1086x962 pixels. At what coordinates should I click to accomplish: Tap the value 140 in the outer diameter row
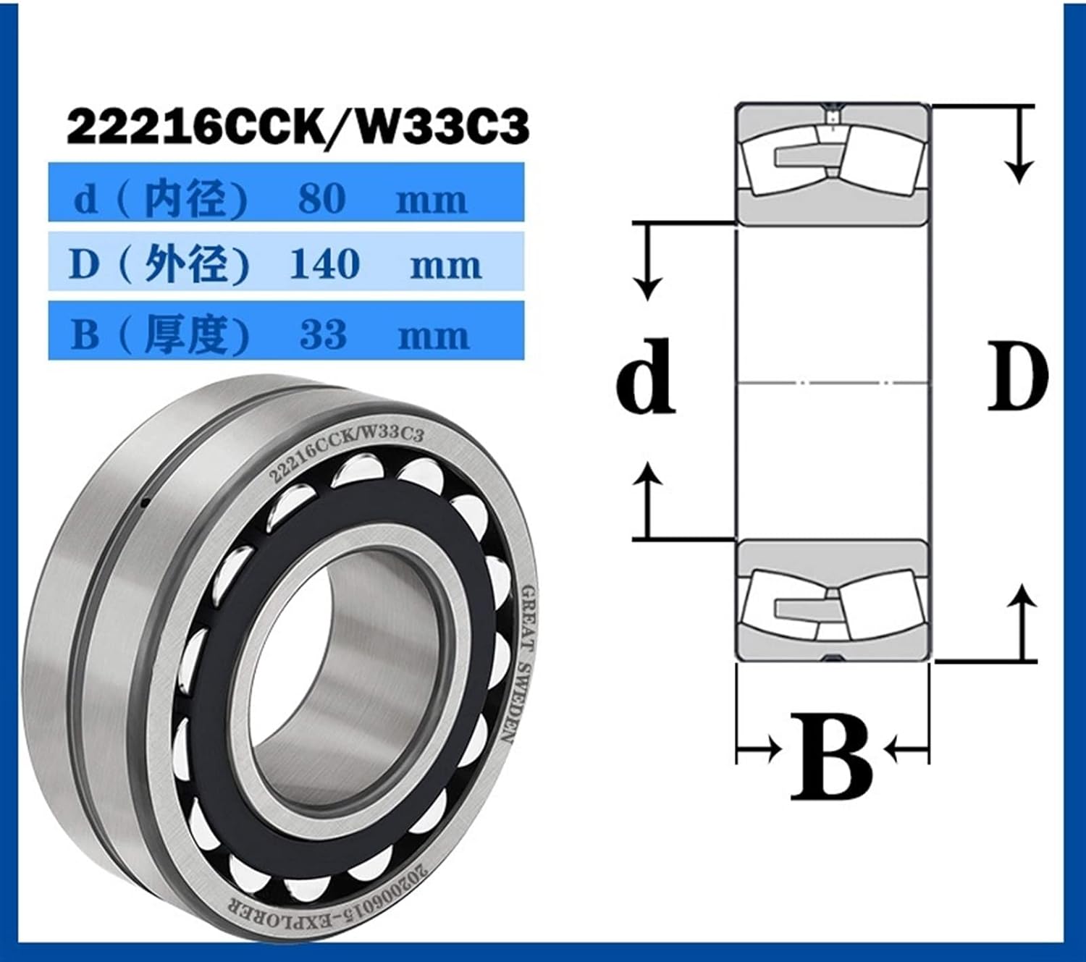click(x=325, y=263)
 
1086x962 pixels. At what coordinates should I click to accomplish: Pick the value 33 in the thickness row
click(x=323, y=334)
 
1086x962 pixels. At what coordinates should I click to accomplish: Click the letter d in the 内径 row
click(x=86, y=198)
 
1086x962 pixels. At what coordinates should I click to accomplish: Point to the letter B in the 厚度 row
click(x=85, y=334)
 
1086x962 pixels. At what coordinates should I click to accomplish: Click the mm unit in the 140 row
click(x=445, y=265)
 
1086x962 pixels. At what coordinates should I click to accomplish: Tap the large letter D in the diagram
click(x=1017, y=376)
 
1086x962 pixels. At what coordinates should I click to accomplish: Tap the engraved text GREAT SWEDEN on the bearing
click(x=518, y=662)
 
